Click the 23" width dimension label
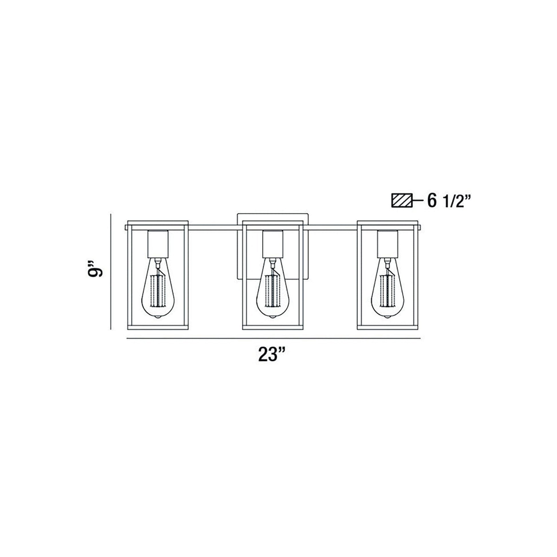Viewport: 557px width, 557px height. (x=272, y=354)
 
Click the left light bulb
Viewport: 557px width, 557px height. (x=158, y=291)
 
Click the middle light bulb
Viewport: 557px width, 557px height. (x=272, y=291)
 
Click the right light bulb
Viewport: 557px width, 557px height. (x=387, y=291)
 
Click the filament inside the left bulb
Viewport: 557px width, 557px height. (x=158, y=291)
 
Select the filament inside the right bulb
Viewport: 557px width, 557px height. (x=387, y=291)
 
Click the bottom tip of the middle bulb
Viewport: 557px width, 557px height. (x=272, y=317)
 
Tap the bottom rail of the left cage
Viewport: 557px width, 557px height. (x=158, y=327)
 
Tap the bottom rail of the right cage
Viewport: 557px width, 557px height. (x=387, y=327)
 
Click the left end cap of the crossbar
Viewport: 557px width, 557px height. (x=126, y=228)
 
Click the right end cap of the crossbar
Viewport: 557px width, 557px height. (x=419, y=228)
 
